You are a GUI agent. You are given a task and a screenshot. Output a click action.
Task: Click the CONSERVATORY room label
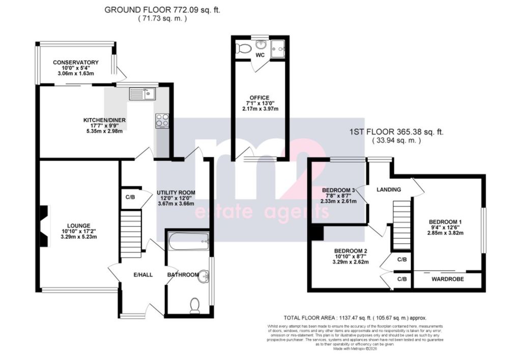click(x=76, y=63)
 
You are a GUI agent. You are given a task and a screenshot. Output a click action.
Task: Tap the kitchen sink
click(x=142, y=94)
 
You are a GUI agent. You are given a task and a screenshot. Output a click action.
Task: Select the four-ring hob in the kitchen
click(x=162, y=120)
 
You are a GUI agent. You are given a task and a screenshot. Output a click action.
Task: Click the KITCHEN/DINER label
click(x=105, y=121)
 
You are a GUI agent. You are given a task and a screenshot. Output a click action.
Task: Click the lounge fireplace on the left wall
click(x=45, y=226)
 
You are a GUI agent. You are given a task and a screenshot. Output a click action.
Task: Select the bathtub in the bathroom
click(x=189, y=241)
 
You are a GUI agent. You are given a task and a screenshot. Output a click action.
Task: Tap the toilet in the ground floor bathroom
click(x=194, y=305)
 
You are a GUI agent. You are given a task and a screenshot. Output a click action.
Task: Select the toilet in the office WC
click(x=243, y=49)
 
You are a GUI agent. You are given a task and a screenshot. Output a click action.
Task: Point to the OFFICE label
click(x=259, y=98)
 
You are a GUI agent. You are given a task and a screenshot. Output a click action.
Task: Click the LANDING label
click(x=389, y=189)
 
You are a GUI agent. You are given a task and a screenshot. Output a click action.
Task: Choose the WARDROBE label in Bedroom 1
click(x=447, y=280)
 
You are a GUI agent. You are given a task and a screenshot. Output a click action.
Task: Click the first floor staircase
click(x=402, y=225)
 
